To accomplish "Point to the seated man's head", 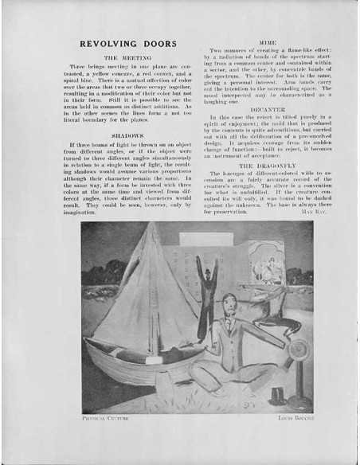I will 229,305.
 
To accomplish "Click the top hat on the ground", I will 277,394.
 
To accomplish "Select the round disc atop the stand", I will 300,347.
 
